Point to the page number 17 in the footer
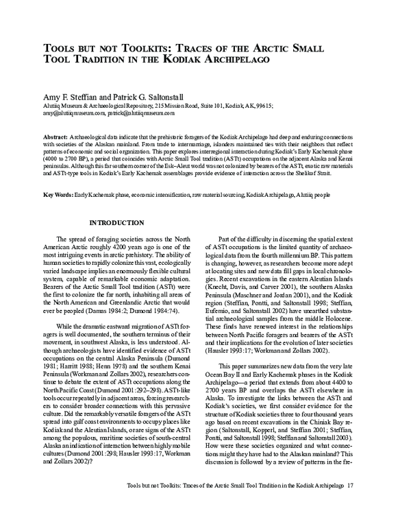350,506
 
